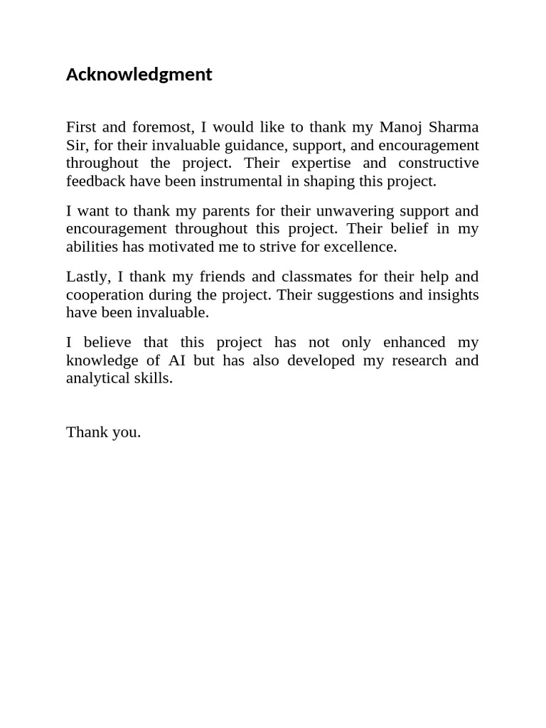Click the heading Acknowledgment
pos(139,75)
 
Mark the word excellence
pos(361,247)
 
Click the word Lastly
pos(85,277)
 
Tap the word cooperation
pos(105,295)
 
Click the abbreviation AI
pos(177,360)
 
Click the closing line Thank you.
pos(103,432)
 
